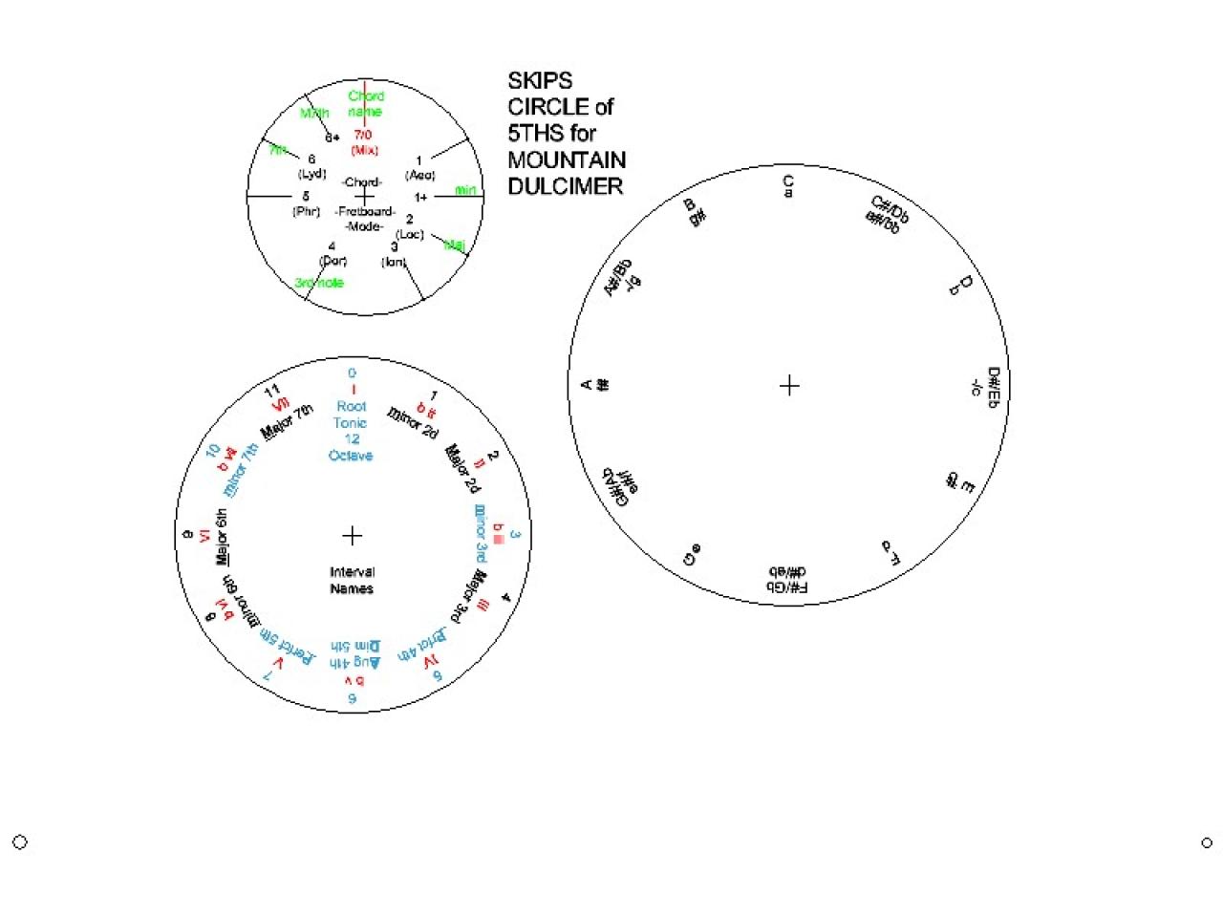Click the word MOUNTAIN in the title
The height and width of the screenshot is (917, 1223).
pos(567,160)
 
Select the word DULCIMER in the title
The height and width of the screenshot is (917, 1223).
pos(565,186)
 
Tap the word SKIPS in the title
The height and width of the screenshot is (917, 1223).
pos(540,80)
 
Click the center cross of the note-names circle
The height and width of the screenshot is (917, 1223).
pos(789,386)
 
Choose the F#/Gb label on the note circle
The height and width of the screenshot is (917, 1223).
pos(787,580)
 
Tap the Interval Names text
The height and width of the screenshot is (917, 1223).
pos(352,581)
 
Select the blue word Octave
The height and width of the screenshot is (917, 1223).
pos(351,456)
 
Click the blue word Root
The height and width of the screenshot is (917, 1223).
pos(352,406)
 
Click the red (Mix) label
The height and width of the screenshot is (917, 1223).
pos(365,150)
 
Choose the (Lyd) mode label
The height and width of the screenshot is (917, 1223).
pos(312,174)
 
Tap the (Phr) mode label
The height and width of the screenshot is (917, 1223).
pos(306,211)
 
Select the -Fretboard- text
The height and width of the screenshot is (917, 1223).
pos(365,211)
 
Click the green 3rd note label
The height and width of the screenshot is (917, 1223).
pos(319,283)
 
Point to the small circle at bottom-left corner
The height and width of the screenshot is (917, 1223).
pos(19,842)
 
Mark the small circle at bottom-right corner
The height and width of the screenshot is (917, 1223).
pos(1207,842)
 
